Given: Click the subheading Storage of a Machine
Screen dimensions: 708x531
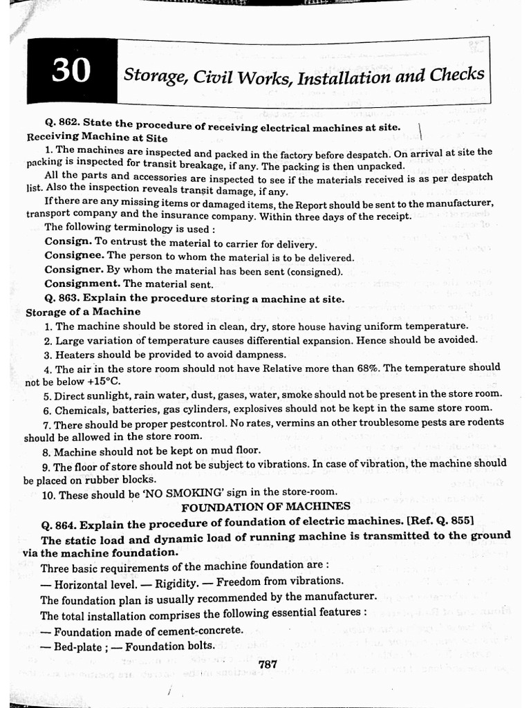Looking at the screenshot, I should pyautogui.click(x=82, y=312).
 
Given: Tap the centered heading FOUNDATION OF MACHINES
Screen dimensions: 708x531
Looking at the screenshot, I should pyautogui.click(x=265, y=507).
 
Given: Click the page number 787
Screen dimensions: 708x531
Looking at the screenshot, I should pyautogui.click(x=267, y=664).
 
